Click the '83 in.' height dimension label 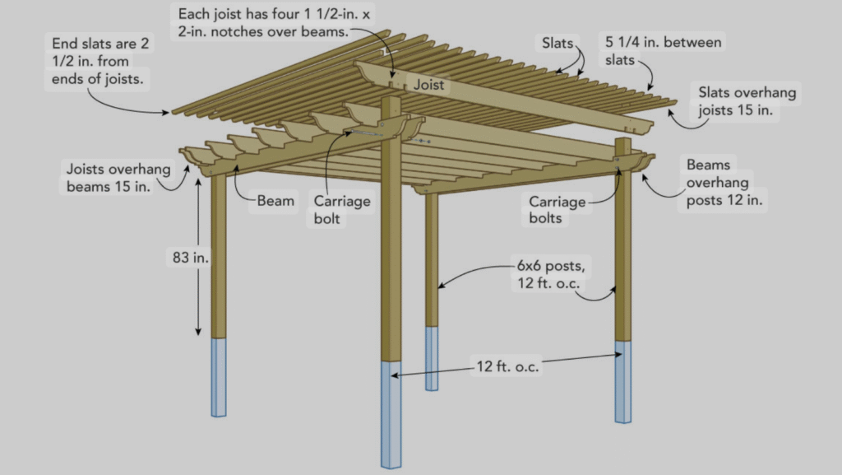(x=190, y=258)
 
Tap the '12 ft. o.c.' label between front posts (x=507, y=366)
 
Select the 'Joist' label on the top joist (x=428, y=85)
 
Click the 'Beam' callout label (x=275, y=201)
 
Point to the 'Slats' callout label (x=557, y=43)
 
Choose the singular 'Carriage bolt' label (x=341, y=210)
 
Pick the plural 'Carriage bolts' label (x=557, y=210)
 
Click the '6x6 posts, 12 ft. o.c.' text (x=551, y=274)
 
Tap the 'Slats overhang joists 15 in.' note (x=747, y=101)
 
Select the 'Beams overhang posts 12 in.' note (x=724, y=182)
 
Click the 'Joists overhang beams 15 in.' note (x=118, y=177)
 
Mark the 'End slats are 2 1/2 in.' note (x=99, y=61)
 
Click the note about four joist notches (x=274, y=22)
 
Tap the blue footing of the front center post (x=391, y=414)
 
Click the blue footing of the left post (x=219, y=377)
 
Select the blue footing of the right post (x=623, y=382)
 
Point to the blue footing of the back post (x=432, y=358)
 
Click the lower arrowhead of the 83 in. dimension (x=198, y=332)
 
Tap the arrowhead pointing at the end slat (x=165, y=112)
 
